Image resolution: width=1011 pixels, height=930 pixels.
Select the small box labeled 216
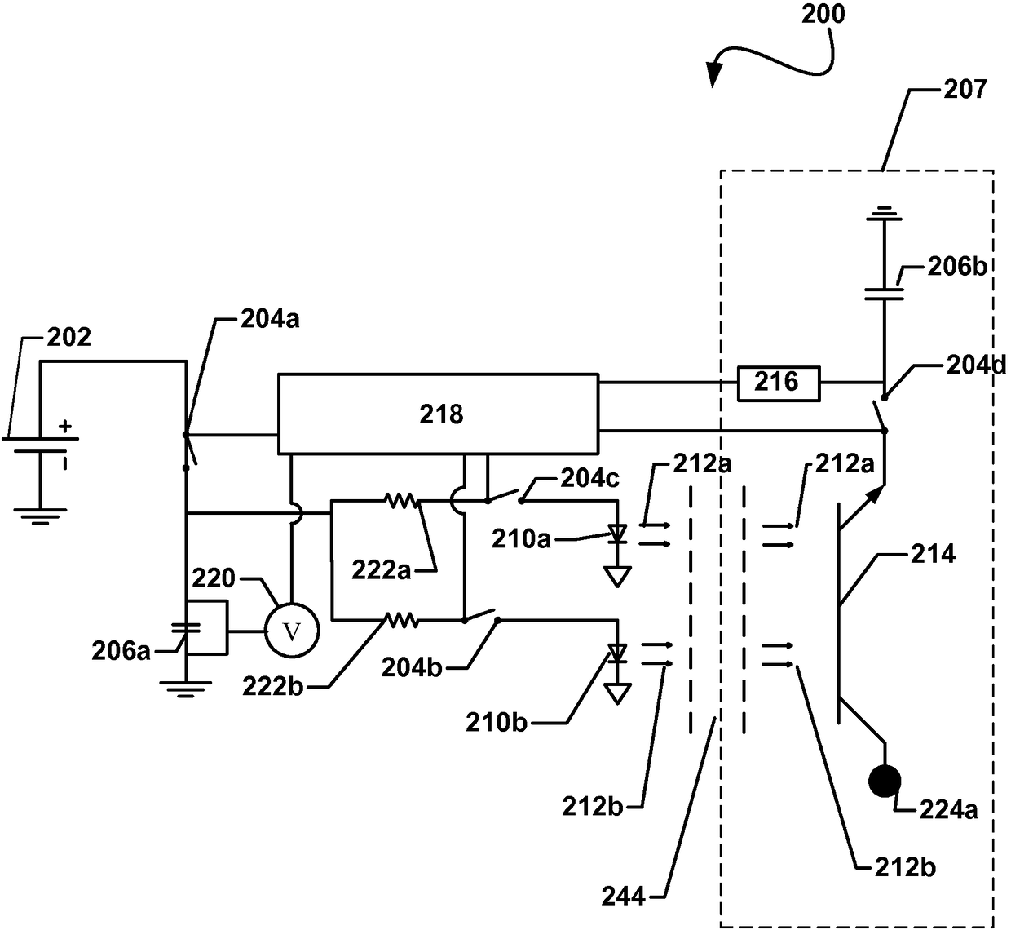779,383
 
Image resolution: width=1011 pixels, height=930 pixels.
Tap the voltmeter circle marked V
293,631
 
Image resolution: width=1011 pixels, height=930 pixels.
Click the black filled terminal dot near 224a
885,782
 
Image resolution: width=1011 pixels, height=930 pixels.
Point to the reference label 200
823,14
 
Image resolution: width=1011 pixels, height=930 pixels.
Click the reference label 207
965,89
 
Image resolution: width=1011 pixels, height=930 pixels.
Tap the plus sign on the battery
65,427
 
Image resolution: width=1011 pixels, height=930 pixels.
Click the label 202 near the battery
69,336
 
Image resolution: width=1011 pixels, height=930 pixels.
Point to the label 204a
270,318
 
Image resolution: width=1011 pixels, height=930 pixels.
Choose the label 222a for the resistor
381,570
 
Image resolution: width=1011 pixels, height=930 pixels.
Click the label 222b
272,686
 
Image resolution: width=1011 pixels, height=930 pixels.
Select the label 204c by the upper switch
589,478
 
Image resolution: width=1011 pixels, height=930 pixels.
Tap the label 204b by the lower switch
412,668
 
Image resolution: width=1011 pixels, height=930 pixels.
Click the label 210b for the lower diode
497,723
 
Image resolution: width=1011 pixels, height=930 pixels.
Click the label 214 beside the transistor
933,554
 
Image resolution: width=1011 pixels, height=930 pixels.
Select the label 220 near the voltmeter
214,578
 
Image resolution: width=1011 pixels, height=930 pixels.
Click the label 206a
121,651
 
